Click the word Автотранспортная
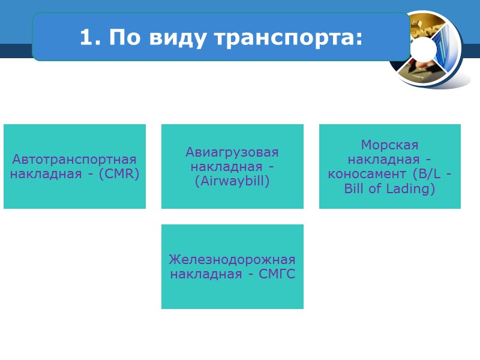tap(74, 160)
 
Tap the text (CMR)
tap(119, 175)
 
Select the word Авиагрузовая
tap(232, 152)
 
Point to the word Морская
tap(389, 145)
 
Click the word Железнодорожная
tap(232, 260)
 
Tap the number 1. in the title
tap(88, 38)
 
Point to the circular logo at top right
tap(427, 49)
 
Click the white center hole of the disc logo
tap(425, 48)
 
